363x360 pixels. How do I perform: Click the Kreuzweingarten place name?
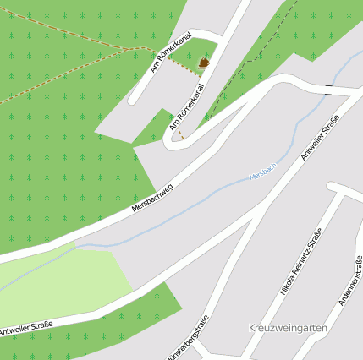[x=288, y=327]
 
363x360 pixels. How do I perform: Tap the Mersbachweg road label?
[x=152, y=197]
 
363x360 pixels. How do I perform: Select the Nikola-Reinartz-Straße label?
[x=300, y=261]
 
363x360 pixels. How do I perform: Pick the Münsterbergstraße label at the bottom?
[x=189, y=340]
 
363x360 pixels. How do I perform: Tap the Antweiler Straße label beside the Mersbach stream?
[x=319, y=138]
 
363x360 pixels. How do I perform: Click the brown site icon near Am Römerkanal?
[x=204, y=63]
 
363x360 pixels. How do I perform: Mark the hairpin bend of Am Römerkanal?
[x=172, y=142]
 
